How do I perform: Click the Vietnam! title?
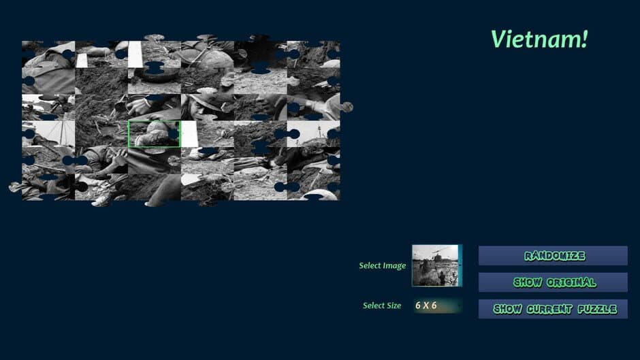539,39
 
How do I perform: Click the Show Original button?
553,282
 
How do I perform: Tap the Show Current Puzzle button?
553,309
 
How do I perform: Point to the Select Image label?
382,266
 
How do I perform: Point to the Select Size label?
382,306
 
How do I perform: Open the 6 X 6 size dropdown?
436,306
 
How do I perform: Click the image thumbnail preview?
436,265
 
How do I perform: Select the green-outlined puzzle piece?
155,134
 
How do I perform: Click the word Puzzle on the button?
597,309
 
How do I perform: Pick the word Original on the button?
570,282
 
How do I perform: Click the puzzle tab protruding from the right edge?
347,107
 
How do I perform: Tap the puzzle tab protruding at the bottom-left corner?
14,186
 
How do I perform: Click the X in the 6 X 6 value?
426,306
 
